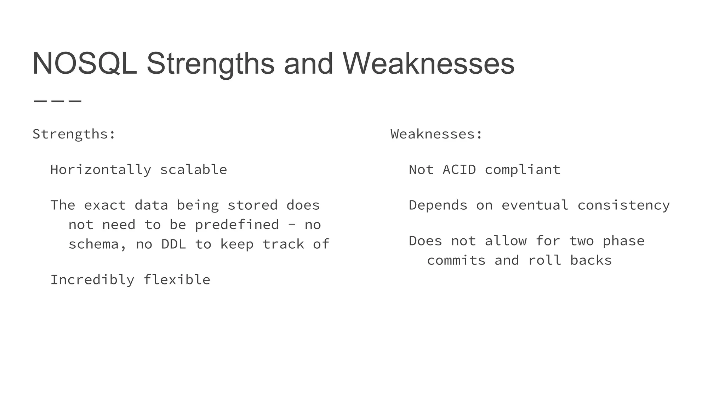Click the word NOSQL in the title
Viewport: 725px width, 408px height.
85,64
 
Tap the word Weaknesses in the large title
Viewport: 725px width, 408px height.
428,64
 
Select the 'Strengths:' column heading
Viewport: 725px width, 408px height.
74,134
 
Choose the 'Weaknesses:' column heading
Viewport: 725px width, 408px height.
436,134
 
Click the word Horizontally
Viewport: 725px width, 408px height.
101,170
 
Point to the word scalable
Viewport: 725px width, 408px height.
193,170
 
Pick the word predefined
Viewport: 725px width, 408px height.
237,225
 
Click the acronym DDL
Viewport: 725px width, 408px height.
173,244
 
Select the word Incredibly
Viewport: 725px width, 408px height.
92,280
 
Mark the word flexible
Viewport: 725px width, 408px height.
177,280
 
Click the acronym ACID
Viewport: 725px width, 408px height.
459,170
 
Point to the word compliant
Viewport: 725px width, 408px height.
523,170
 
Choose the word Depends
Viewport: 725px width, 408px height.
438,205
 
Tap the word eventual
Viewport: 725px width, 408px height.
535,205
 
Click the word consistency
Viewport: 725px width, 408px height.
623,205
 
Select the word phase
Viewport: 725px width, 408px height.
623,241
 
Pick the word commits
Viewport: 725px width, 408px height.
456,261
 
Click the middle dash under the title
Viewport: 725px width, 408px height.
58,101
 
